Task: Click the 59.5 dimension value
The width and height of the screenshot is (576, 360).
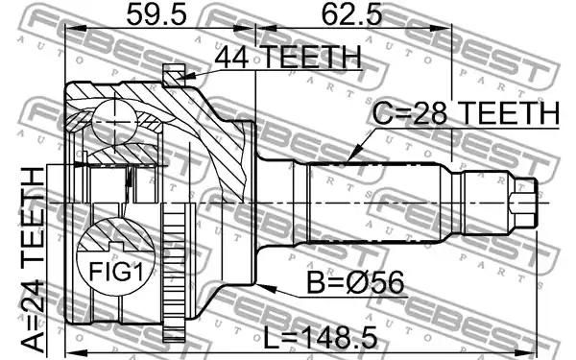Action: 156,15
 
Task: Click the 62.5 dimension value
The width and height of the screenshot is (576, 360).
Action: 351,15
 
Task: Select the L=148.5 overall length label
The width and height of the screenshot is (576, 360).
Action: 321,338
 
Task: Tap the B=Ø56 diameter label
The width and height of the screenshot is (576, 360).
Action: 355,282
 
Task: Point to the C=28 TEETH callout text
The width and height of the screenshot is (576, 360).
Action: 466,113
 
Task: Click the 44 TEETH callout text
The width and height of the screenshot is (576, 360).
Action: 288,57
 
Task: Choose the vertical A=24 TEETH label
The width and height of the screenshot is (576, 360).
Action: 33,262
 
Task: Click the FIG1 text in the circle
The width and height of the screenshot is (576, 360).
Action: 116,272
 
